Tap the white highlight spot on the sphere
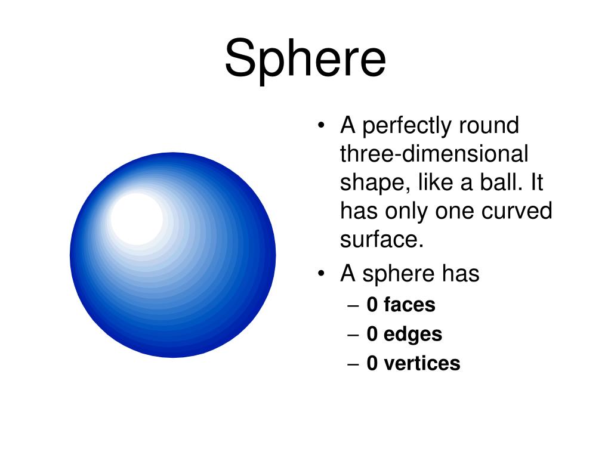[x=137, y=218]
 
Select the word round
[x=489, y=126]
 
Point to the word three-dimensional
[x=434, y=154]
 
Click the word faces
[x=409, y=305]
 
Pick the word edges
[x=413, y=334]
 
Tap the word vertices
[x=422, y=363]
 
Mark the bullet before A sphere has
[x=322, y=274]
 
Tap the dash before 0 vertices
[x=353, y=364]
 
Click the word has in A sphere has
[x=460, y=274]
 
